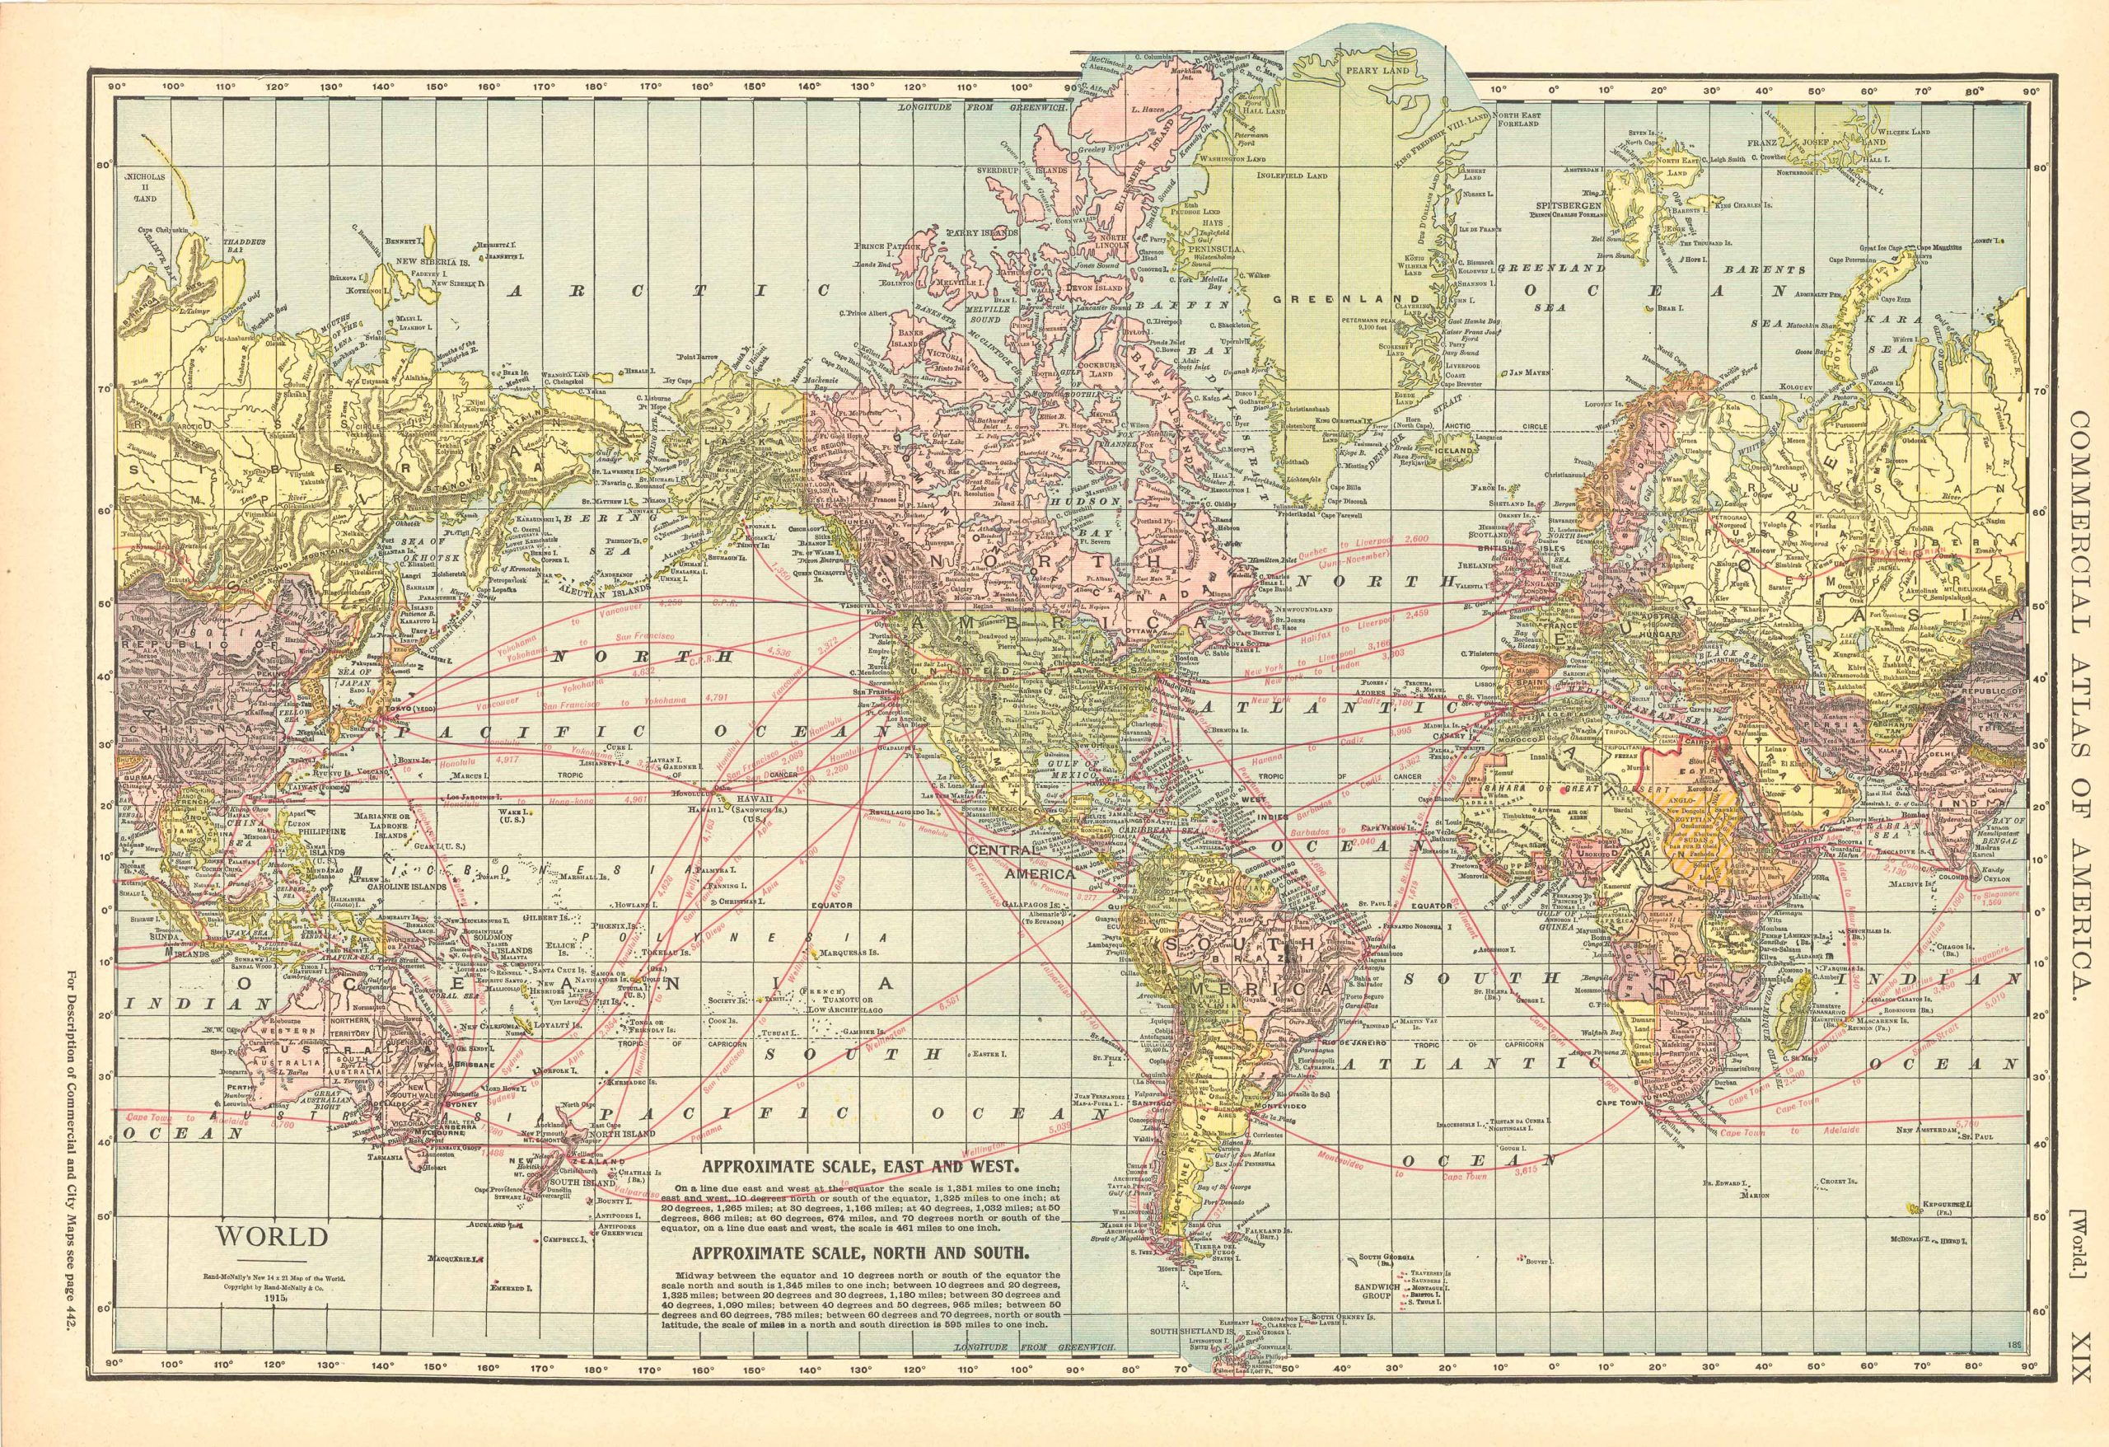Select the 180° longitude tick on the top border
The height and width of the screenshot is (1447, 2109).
click(x=596, y=88)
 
